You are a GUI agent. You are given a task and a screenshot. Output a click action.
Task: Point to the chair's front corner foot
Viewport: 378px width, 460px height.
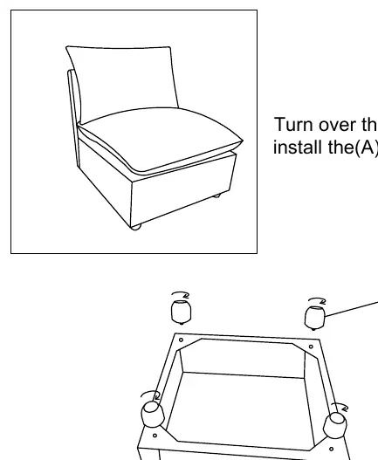click(x=135, y=226)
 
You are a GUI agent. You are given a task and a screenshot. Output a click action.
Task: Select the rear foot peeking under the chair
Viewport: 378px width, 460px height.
click(x=216, y=196)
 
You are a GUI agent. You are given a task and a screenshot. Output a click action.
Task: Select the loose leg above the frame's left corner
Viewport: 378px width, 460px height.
click(x=181, y=312)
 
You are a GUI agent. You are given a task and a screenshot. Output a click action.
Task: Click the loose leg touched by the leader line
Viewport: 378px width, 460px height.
click(x=315, y=318)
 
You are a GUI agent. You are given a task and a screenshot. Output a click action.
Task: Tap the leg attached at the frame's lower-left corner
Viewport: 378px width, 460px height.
click(x=153, y=414)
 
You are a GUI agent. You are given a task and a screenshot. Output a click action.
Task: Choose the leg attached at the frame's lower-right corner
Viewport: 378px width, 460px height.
click(x=335, y=425)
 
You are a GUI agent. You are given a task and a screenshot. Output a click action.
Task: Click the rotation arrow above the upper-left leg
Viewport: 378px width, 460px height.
click(x=181, y=293)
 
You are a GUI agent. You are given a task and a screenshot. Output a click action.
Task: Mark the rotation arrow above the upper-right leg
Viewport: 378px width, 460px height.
click(x=318, y=299)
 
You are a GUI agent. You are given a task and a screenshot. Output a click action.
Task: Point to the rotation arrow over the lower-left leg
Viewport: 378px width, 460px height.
click(x=150, y=393)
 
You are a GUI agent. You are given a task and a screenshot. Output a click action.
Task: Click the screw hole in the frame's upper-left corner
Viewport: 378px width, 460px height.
click(x=181, y=340)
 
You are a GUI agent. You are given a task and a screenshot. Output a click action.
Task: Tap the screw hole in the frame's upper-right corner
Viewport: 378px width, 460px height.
click(x=311, y=347)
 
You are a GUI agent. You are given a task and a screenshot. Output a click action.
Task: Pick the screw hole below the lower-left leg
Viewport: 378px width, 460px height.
click(x=155, y=436)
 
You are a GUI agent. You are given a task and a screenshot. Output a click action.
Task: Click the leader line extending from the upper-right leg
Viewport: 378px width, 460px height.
click(x=352, y=309)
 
